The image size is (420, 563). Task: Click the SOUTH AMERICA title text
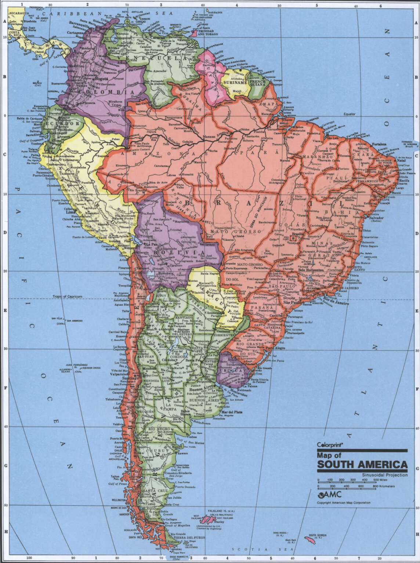click(x=362, y=465)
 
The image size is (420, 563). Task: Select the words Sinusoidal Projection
click(x=385, y=475)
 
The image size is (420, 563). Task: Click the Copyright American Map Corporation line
click(x=344, y=503)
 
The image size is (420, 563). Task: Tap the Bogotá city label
click(x=101, y=78)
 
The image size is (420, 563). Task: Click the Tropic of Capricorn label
click(x=67, y=296)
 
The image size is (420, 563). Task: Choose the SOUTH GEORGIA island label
click(x=317, y=535)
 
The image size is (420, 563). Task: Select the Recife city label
click(x=395, y=181)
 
